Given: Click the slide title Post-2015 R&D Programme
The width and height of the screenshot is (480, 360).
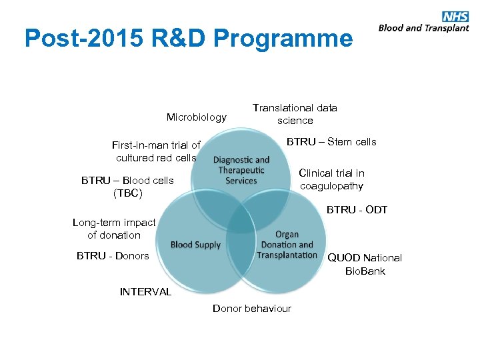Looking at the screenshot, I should pyautogui.click(x=188, y=39).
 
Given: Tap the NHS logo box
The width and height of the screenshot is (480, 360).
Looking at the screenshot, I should pyautogui.click(x=455, y=17).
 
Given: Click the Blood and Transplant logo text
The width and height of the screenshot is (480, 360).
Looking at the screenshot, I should pyautogui.click(x=423, y=28).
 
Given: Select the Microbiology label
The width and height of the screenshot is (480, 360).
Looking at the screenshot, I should pyautogui.click(x=197, y=117).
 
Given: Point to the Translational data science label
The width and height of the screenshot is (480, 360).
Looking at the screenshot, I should pyautogui.click(x=295, y=114).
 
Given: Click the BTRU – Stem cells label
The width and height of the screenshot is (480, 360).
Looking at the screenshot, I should pyautogui.click(x=331, y=141).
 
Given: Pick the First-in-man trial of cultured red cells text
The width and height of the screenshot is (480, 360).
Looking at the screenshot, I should pyautogui.click(x=156, y=151).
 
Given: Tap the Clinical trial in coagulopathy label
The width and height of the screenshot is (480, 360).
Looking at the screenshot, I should pyautogui.click(x=331, y=179).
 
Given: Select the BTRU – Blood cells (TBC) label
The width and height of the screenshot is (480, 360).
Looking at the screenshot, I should pyautogui.click(x=127, y=187).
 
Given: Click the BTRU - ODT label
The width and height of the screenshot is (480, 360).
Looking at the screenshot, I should pyautogui.click(x=357, y=210).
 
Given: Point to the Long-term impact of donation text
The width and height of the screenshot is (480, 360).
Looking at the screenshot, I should pyautogui.click(x=114, y=229).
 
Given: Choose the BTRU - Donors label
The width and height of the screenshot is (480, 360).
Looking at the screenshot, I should pyautogui.click(x=113, y=255).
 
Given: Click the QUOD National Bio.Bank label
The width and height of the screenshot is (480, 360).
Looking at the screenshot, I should pyautogui.click(x=365, y=264).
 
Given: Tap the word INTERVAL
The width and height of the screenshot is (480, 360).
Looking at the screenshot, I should pyautogui.click(x=145, y=291).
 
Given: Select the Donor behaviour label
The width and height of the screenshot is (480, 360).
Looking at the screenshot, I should pyautogui.click(x=252, y=308).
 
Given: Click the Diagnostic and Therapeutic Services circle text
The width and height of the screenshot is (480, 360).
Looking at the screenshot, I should pyautogui.click(x=241, y=170).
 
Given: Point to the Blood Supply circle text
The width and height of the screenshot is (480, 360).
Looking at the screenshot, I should pyautogui.click(x=195, y=245).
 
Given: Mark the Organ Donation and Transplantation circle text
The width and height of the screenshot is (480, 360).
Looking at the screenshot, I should pyautogui.click(x=287, y=245).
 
